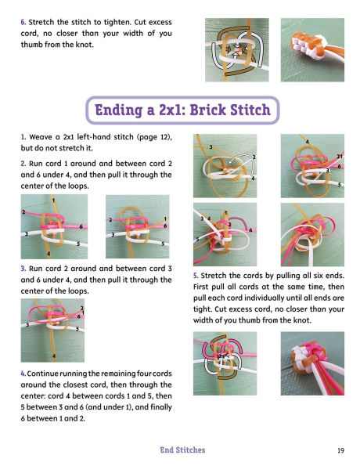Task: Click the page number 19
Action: (x=340, y=450)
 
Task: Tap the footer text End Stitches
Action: (x=182, y=450)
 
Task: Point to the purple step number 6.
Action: (x=23, y=22)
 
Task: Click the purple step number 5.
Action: (x=196, y=276)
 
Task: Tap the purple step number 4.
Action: (x=23, y=374)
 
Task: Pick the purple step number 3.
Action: (x=23, y=269)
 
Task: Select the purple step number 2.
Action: (x=23, y=164)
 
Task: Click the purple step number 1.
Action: (x=23, y=137)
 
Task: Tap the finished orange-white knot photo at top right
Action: (x=312, y=50)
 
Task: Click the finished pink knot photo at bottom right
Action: (x=312, y=363)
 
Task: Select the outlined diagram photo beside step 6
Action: (x=237, y=50)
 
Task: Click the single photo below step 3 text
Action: (x=52, y=331)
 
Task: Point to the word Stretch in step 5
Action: (x=213, y=276)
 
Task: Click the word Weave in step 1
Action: (x=40, y=137)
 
